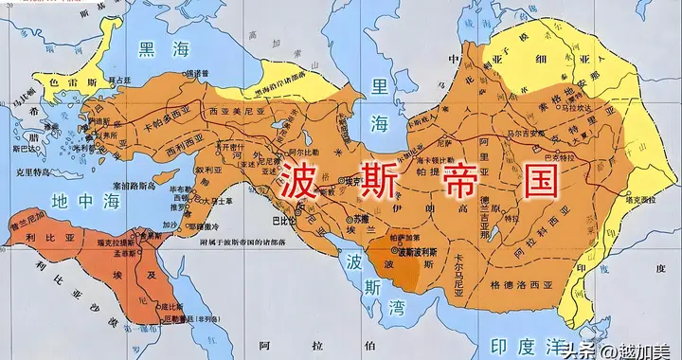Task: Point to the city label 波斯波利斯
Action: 422,253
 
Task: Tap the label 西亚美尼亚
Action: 231,110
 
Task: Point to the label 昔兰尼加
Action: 29,215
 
